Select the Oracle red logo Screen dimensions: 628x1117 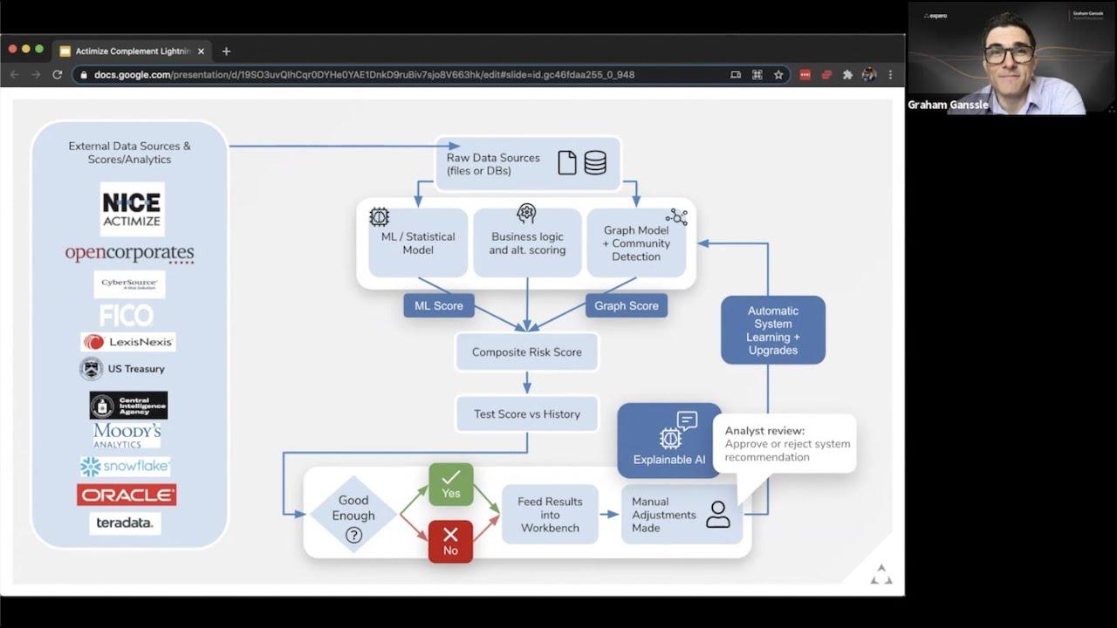coord(127,495)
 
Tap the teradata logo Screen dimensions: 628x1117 coord(125,522)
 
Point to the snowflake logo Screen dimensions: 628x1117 coord(125,467)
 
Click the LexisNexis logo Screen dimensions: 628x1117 coord(128,342)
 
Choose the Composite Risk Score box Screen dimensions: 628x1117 coord(527,352)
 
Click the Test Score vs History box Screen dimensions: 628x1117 coord(527,414)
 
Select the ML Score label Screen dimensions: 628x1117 coord(439,305)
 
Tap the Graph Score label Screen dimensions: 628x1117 coord(626,305)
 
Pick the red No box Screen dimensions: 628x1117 coord(450,542)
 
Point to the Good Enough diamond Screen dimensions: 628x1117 coord(353,515)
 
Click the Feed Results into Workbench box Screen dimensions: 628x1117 coord(550,515)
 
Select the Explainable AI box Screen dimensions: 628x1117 coord(669,440)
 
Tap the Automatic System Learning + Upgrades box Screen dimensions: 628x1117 coord(772,330)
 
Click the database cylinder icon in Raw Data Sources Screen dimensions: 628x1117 coord(595,163)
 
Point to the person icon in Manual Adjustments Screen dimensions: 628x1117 coord(717,515)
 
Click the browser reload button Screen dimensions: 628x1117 coord(58,75)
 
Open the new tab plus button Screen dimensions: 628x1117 coord(226,51)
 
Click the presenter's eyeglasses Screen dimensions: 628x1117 coord(1009,54)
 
